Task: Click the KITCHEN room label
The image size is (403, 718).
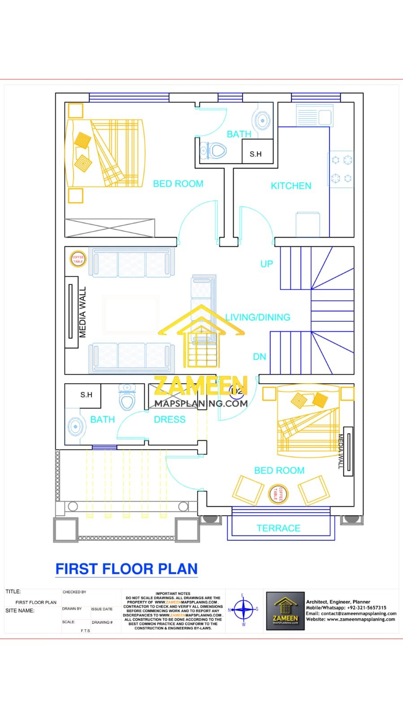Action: click(x=291, y=186)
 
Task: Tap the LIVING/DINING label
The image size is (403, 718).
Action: click(x=258, y=317)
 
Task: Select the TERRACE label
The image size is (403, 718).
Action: click(x=278, y=528)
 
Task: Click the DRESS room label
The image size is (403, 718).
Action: click(x=169, y=420)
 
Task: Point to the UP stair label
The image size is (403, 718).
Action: click(x=267, y=264)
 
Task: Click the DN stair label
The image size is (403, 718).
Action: click(x=260, y=357)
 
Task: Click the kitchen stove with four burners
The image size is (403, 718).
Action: click(x=341, y=169)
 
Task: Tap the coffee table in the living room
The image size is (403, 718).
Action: click(x=78, y=259)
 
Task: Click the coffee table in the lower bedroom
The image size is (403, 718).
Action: click(x=277, y=493)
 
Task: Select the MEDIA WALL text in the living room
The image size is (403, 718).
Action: click(x=82, y=312)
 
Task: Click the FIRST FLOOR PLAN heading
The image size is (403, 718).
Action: click(x=126, y=569)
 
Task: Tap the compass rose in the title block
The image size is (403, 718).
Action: click(x=243, y=610)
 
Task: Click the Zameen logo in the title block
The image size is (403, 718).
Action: click(x=286, y=611)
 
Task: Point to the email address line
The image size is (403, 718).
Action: click(x=351, y=613)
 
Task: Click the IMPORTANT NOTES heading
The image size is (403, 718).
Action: click(x=173, y=594)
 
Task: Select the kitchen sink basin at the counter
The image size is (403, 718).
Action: click(x=325, y=118)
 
